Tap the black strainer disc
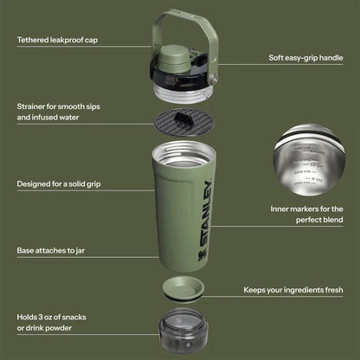coord(183,122)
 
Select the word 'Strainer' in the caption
coord(34,106)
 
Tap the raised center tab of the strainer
coord(183,120)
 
